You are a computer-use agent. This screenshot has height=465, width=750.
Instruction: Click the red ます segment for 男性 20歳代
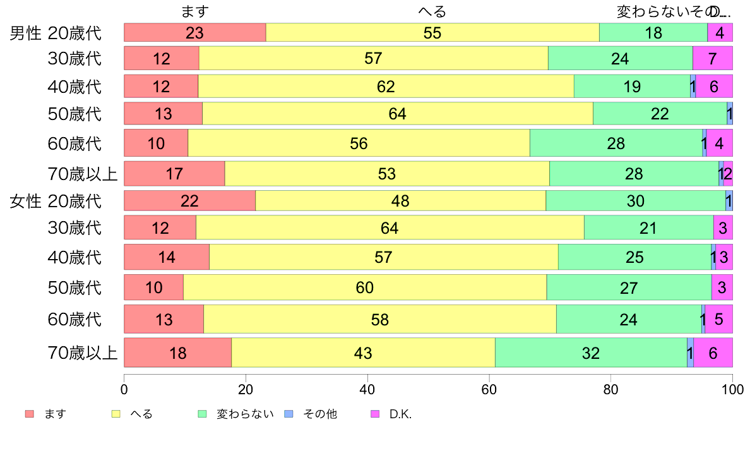(194, 32)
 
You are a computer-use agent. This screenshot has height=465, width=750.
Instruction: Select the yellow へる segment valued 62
(386, 87)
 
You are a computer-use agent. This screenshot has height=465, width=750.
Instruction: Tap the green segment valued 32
(591, 353)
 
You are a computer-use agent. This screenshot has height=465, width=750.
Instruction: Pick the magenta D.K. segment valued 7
(712, 59)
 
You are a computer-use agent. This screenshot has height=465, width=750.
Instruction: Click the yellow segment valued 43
(363, 353)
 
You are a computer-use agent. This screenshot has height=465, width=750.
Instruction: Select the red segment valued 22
(189, 201)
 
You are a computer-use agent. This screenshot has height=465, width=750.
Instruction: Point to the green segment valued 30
(635, 201)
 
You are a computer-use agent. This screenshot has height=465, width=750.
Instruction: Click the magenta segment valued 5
(718, 320)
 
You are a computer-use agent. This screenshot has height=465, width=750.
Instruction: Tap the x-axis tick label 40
(367, 387)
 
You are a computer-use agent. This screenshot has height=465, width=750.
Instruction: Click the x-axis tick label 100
(732, 387)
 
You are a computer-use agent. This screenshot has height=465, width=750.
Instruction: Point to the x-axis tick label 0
(124, 387)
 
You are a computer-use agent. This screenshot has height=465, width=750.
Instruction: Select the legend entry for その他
(312, 414)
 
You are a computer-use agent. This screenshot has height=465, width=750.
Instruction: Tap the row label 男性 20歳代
(56, 33)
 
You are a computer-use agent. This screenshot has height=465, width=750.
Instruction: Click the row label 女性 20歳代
(56, 202)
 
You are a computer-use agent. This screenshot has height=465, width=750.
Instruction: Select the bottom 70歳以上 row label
(83, 353)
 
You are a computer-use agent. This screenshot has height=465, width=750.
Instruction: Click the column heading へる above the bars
(432, 11)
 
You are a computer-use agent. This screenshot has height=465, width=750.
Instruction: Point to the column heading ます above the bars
(194, 11)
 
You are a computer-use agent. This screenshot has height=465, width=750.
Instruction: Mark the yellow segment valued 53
(387, 174)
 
